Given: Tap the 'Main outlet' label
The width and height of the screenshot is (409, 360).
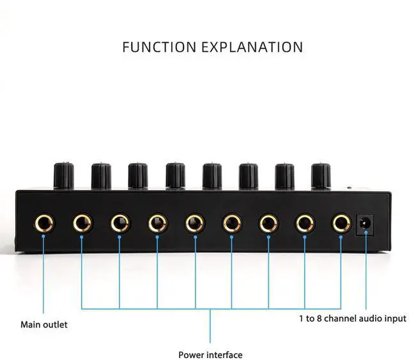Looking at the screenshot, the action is [44, 324].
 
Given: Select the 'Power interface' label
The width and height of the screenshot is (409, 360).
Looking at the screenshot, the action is [210, 354].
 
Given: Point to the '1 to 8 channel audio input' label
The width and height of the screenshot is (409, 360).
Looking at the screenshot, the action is [352, 318].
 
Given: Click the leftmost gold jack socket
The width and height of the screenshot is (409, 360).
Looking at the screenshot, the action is [44, 223].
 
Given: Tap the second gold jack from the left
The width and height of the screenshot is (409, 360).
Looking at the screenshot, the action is [82, 223].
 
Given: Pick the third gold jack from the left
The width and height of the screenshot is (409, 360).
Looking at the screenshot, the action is [120, 223].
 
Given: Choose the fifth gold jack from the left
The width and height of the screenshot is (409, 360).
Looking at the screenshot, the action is [194, 223].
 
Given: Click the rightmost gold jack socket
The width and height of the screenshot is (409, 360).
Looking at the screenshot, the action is [341, 223].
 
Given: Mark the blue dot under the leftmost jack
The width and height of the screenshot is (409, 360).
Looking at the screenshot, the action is [44, 237].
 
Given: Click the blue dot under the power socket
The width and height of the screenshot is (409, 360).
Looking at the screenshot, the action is [366, 235].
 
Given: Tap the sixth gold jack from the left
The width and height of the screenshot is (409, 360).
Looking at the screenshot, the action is [231, 223].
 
